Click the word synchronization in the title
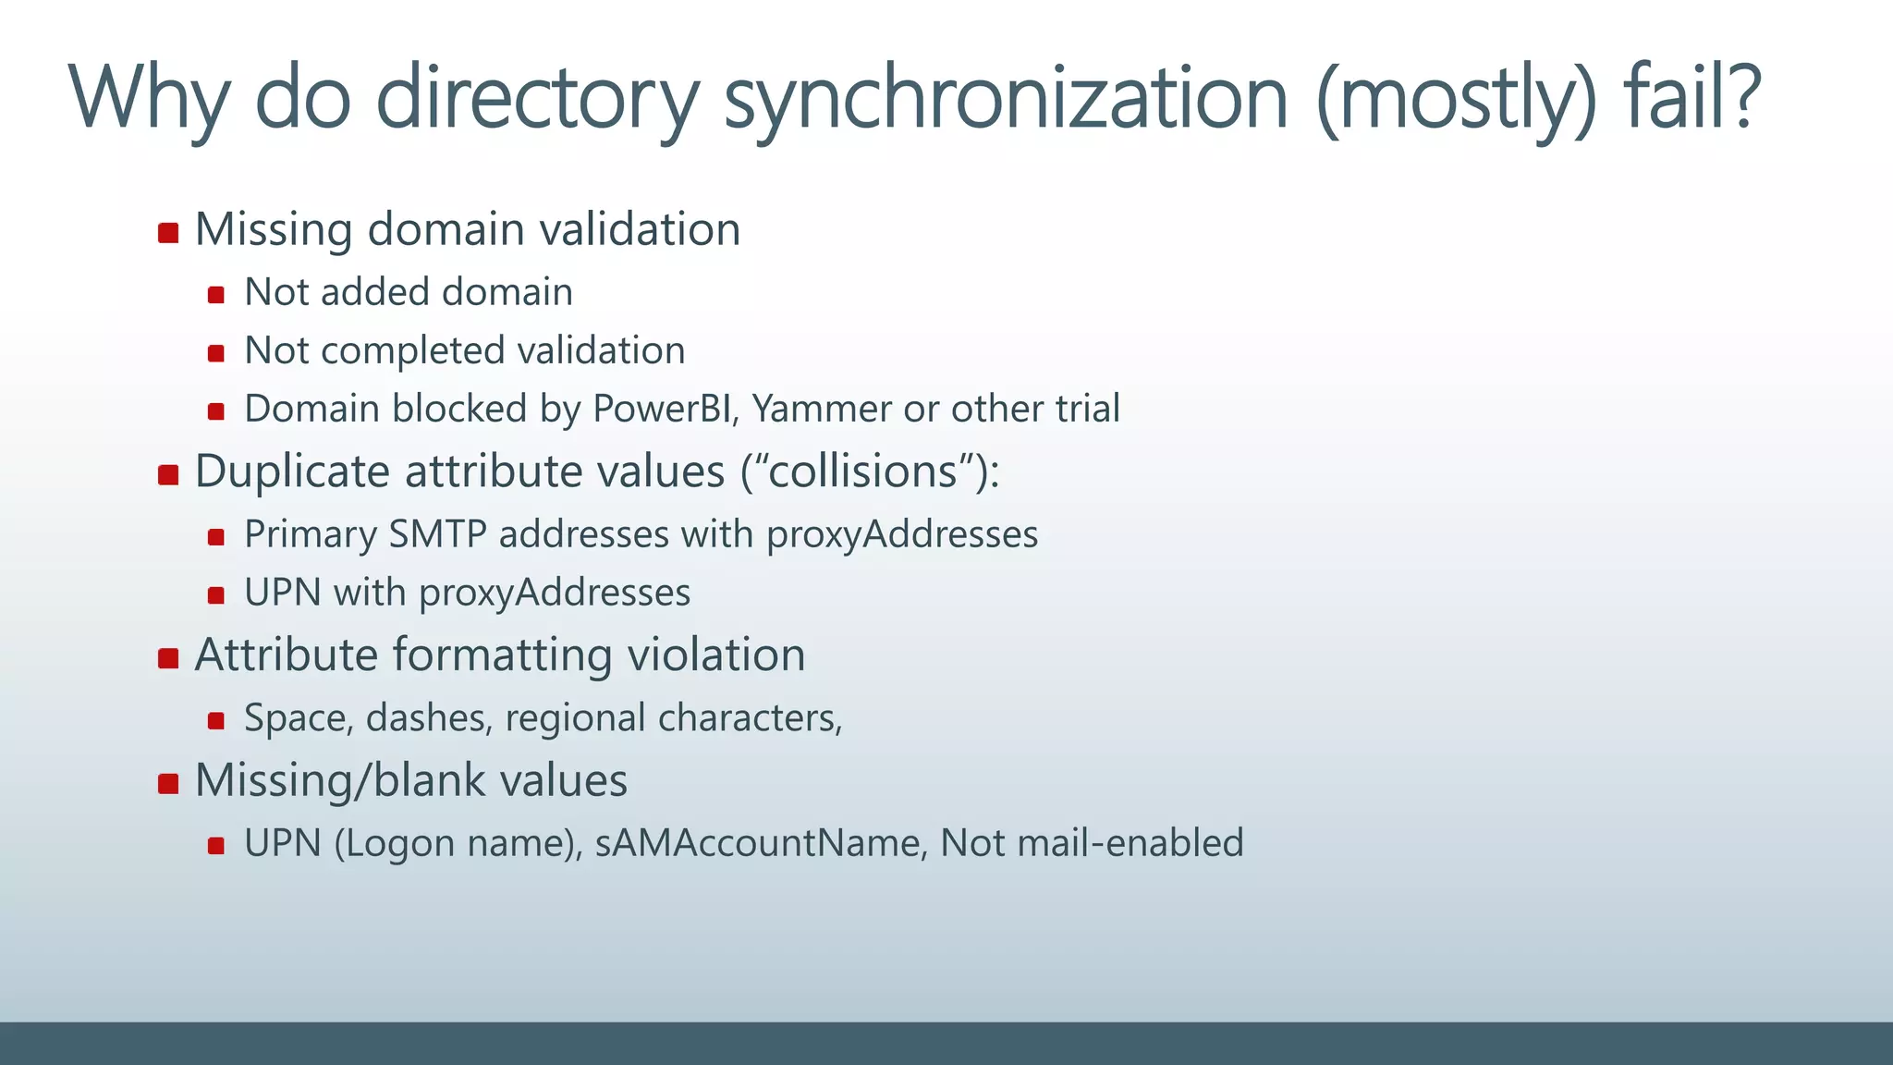[x=1006, y=100]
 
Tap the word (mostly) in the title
[x=1456, y=100]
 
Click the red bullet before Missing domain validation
[x=168, y=232]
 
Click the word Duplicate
[x=293, y=473]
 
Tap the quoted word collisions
[x=863, y=471]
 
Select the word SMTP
[x=437, y=534]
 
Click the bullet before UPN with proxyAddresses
[x=216, y=595]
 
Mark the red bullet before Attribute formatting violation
[x=168, y=658]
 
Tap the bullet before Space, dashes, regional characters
[x=216, y=721]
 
